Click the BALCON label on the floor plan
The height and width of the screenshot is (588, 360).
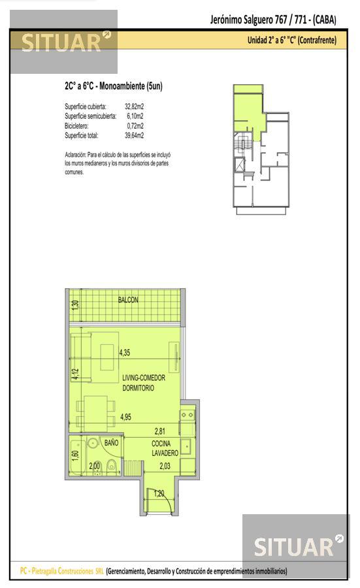point(128,300)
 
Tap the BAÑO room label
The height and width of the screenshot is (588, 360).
point(111,443)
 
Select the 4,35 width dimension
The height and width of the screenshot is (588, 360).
point(125,353)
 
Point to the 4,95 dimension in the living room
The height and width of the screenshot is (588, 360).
point(125,417)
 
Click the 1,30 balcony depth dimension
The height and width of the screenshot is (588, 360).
point(75,304)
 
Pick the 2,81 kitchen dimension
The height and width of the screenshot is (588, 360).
point(160,431)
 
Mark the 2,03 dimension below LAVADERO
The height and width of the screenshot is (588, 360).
point(165,466)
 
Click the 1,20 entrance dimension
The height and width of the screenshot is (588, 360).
point(159,493)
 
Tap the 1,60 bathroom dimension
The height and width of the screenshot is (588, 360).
point(75,456)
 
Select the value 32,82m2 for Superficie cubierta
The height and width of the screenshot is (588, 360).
point(134,106)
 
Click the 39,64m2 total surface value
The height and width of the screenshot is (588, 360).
point(134,135)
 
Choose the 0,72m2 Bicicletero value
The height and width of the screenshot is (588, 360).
point(135,125)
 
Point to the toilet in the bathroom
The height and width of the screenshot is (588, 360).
point(111,466)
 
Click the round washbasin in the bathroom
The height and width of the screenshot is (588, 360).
point(92,443)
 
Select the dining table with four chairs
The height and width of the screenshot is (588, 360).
point(95,414)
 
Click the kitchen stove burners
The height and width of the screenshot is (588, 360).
point(187,415)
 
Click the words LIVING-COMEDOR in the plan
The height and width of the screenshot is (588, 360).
point(144,378)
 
